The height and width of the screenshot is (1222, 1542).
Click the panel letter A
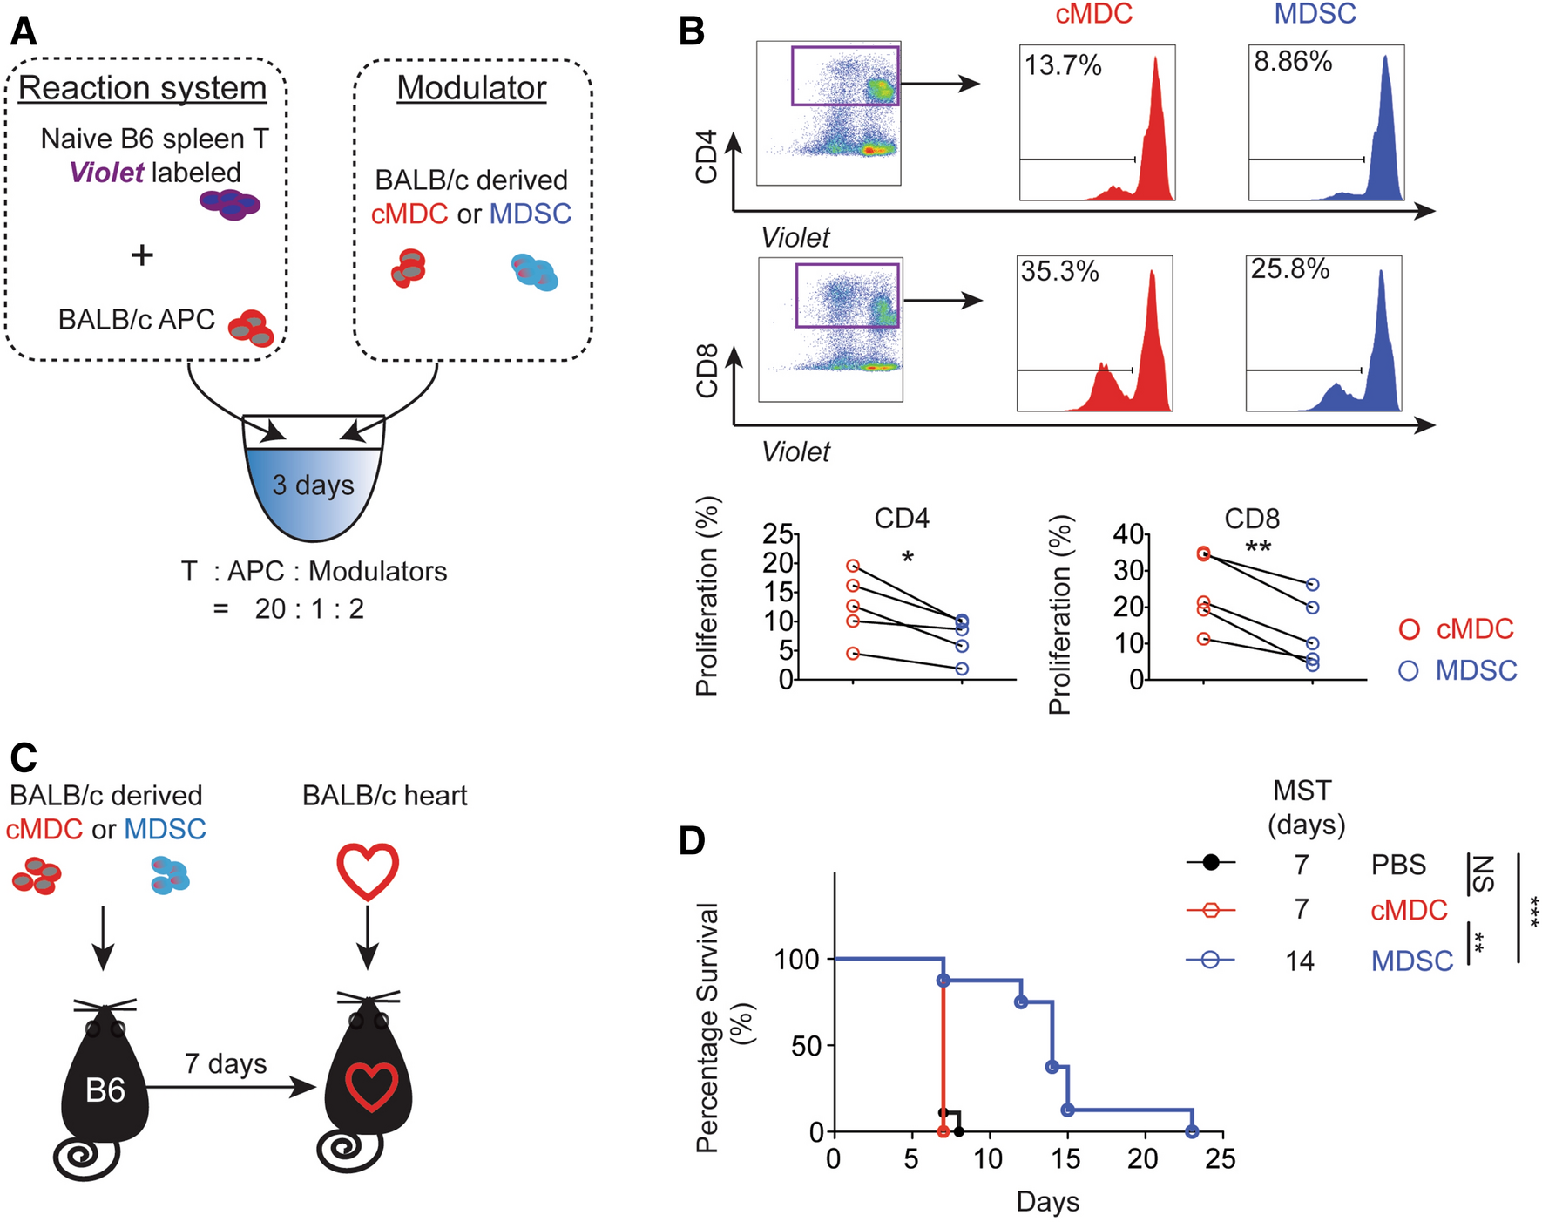coord(24,32)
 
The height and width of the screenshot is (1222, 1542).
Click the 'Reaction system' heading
coord(143,88)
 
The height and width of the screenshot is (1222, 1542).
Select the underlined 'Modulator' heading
coord(471,88)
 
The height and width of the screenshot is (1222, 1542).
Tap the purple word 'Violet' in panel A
coord(106,173)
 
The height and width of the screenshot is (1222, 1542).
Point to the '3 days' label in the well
coord(313,485)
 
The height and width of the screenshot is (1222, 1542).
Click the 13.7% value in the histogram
coord(1063,65)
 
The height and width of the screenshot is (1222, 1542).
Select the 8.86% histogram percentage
coord(1293,62)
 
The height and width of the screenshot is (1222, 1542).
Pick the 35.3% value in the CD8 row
coord(1059,271)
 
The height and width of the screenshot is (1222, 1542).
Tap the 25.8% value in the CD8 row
coord(1290,269)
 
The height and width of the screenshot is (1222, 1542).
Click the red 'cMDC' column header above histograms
coord(1093,14)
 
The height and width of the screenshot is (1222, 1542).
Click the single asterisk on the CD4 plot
coord(908,559)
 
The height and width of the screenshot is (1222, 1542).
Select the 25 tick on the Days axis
coord(1221,1158)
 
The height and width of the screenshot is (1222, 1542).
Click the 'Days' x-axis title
coord(1047,1202)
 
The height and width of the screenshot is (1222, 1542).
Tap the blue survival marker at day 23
coord(1192,1131)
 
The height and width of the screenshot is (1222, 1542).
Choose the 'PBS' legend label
coord(1398,865)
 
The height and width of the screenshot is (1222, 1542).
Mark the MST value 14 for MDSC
coord(1300,961)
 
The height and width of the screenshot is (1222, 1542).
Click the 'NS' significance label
coord(1482,873)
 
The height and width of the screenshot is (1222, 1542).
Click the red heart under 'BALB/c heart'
coord(368,872)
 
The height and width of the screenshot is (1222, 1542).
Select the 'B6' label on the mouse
coord(105,1090)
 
